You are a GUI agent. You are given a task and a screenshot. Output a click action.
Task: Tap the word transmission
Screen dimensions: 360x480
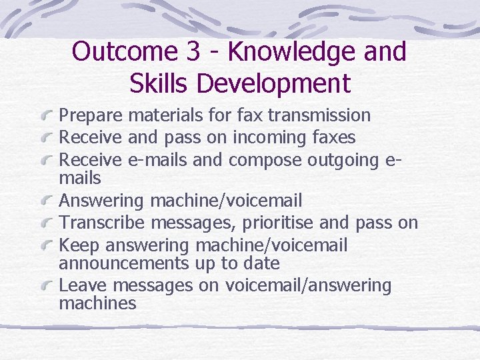click(319, 115)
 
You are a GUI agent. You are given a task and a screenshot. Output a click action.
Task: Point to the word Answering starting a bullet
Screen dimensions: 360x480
click(101, 201)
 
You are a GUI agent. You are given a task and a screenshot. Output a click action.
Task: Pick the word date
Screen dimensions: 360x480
click(261, 263)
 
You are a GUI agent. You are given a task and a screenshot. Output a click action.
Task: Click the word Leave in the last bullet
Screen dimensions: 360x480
click(83, 285)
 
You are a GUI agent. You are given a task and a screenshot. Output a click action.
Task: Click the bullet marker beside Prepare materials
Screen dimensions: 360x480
click(49, 116)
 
